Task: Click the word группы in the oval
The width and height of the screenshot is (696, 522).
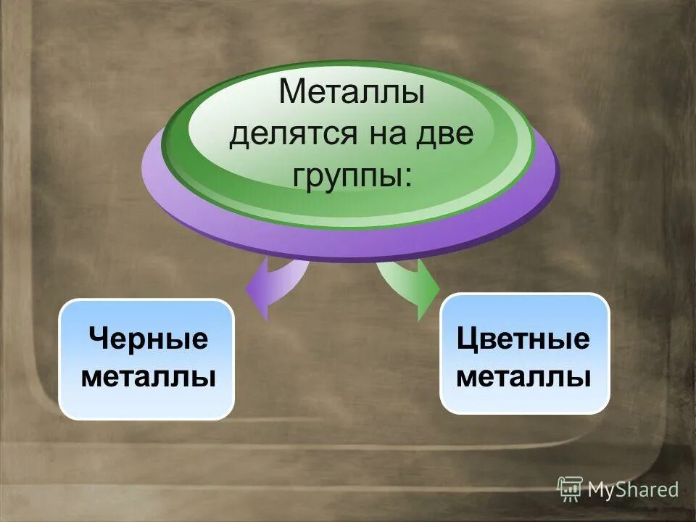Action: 344,177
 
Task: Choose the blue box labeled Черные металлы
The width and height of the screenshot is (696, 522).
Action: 146,359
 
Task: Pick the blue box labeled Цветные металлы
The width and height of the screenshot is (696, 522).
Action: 525,354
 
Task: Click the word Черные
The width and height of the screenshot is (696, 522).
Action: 148,339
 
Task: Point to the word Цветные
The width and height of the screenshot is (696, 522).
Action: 523,339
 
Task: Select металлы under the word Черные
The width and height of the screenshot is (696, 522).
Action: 148,378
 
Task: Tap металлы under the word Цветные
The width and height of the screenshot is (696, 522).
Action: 523,378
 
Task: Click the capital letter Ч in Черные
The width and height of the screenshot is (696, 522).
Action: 98,339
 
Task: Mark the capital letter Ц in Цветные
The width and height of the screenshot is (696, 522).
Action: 467,339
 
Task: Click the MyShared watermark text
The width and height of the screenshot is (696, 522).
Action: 633,490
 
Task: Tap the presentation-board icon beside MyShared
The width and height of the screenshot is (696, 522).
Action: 570,489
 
